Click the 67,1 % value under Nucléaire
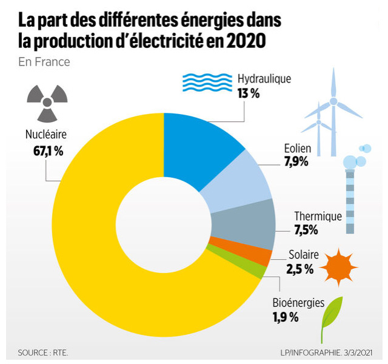click(x=48, y=151)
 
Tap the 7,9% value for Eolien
click(x=296, y=161)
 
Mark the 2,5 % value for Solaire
click(x=299, y=269)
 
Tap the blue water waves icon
click(x=207, y=82)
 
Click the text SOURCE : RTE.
click(x=42, y=352)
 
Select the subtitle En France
click(x=44, y=62)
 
